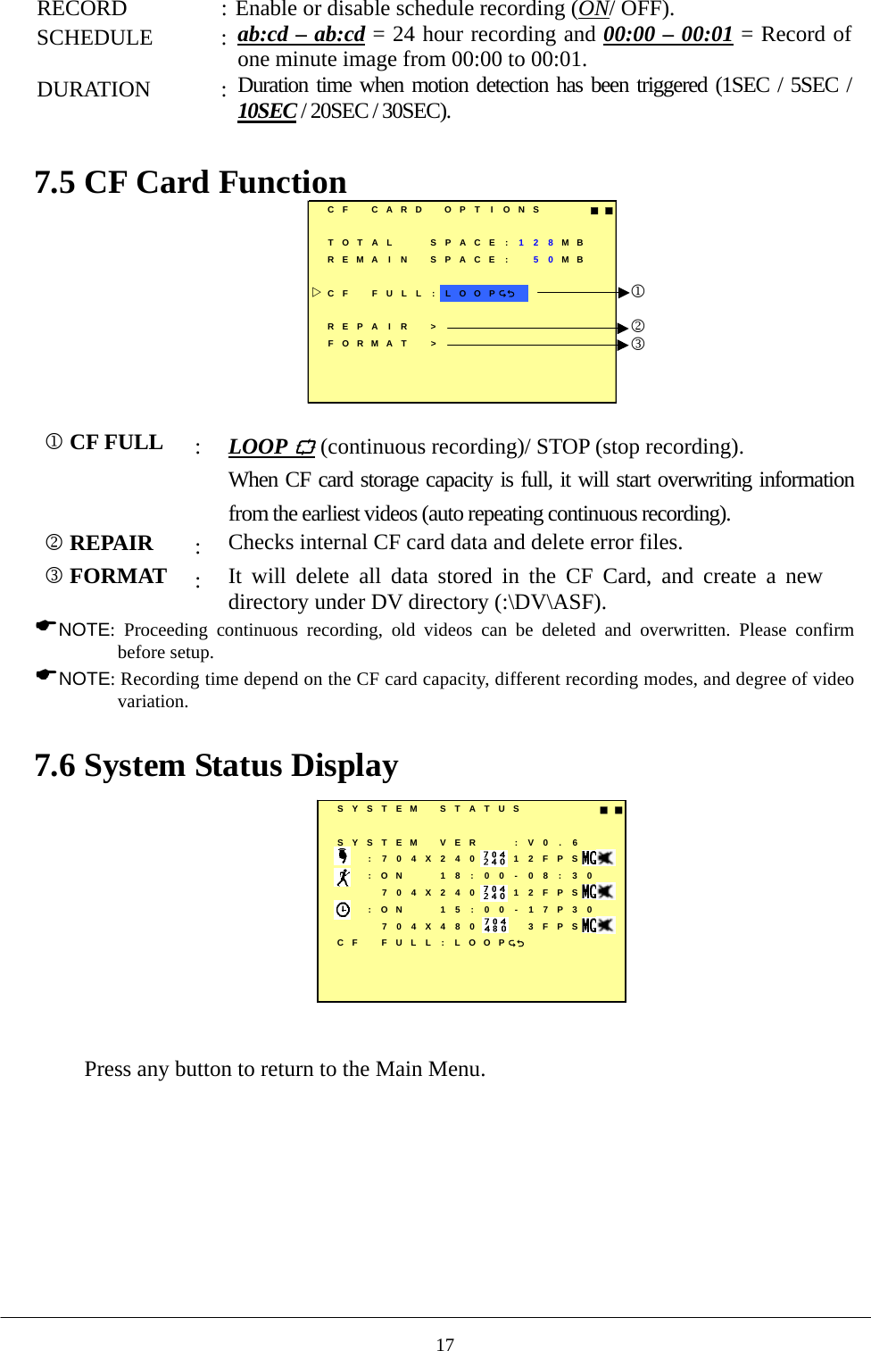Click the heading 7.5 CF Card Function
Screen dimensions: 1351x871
click(x=190, y=182)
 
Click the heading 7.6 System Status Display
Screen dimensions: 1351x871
click(x=216, y=765)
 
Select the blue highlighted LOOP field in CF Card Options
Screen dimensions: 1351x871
click(x=483, y=293)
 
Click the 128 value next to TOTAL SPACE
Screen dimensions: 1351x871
click(x=535, y=242)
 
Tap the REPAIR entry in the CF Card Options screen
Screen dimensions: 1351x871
click(x=368, y=327)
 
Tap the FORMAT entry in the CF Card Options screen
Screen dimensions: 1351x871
click(x=368, y=344)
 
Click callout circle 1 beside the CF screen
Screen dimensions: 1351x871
click(x=638, y=291)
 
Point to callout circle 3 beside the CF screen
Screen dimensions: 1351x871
click(x=638, y=344)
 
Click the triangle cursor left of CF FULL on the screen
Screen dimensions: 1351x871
click(x=317, y=292)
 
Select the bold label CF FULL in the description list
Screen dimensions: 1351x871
click(x=115, y=443)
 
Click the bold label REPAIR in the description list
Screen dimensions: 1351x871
click(x=111, y=543)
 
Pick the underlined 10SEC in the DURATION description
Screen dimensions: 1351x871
click(x=267, y=111)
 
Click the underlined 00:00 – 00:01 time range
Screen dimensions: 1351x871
click(x=668, y=34)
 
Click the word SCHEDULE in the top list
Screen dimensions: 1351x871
click(x=95, y=38)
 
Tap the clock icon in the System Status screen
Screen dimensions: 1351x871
click(x=343, y=909)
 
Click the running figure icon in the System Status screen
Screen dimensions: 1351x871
click(x=343, y=877)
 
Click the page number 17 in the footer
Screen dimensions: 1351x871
click(x=444, y=1344)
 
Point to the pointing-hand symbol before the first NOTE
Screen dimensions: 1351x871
click(x=46, y=626)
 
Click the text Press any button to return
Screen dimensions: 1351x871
click(x=285, y=1069)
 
